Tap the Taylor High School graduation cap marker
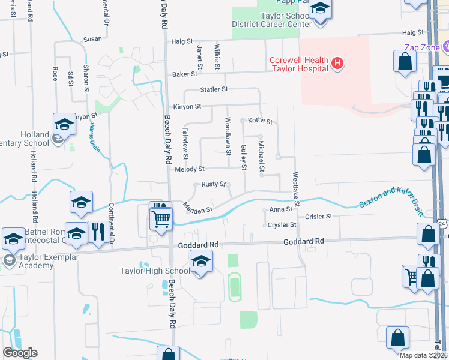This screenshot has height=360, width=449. [201, 261]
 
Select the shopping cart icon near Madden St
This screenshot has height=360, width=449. [161, 220]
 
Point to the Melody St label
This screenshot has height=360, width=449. [190, 169]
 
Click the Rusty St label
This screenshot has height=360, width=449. [213, 184]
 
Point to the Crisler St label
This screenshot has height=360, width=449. [318, 217]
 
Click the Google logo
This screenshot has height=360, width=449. [20, 353]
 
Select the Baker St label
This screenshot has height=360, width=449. [185, 74]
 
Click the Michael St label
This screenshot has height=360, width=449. [261, 155]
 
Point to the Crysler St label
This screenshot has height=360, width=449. [283, 225]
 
